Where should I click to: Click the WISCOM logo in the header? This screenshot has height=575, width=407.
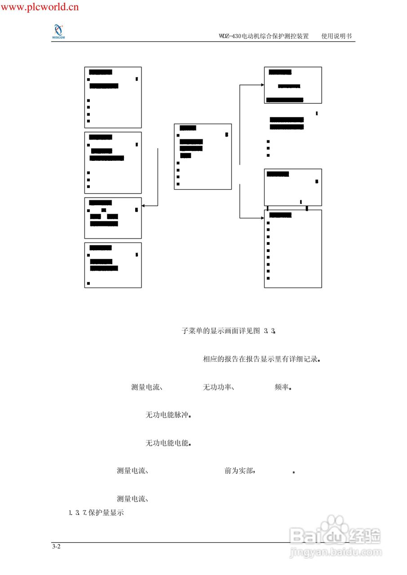pyautogui.click(x=58, y=32)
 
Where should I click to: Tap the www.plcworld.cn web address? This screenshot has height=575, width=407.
pyautogui.click(x=40, y=6)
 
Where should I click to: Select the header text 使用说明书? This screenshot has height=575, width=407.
pyautogui.click(x=336, y=36)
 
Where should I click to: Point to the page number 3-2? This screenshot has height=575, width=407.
pyautogui.click(x=56, y=547)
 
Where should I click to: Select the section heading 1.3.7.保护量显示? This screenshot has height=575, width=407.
pyautogui.click(x=97, y=513)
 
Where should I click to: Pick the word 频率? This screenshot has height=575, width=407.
pyautogui.click(x=282, y=387)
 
